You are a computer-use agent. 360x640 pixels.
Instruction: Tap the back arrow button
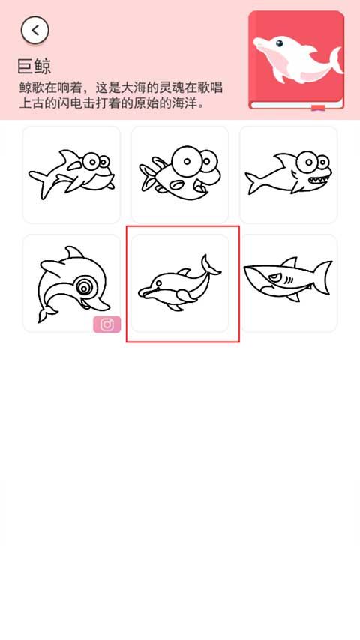click(x=34, y=30)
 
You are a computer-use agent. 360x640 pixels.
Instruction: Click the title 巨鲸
click(x=34, y=66)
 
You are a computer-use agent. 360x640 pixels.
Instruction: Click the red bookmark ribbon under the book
click(x=318, y=109)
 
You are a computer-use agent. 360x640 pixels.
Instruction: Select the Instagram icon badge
click(x=106, y=324)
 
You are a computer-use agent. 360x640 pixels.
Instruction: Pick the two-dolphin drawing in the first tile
click(x=71, y=174)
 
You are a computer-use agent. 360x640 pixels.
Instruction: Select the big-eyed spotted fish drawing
click(x=179, y=174)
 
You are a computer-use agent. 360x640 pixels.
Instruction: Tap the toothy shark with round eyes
click(x=289, y=174)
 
